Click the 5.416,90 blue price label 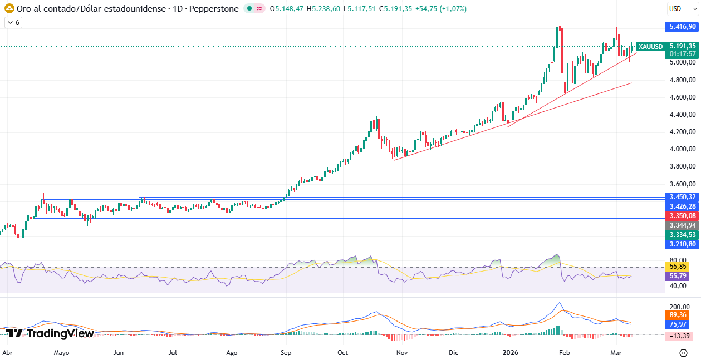click(683, 27)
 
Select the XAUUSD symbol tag click(650, 47)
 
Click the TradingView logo click(50, 333)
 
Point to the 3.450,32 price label click(683, 197)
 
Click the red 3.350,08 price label click(683, 216)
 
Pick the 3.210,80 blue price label click(683, 244)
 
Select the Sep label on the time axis click(286, 352)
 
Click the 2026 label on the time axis click(511, 352)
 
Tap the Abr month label click(7, 352)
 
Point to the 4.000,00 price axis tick click(683, 149)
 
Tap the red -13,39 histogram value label click(680, 336)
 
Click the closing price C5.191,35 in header click(394, 9)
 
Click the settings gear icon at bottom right click(683, 353)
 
